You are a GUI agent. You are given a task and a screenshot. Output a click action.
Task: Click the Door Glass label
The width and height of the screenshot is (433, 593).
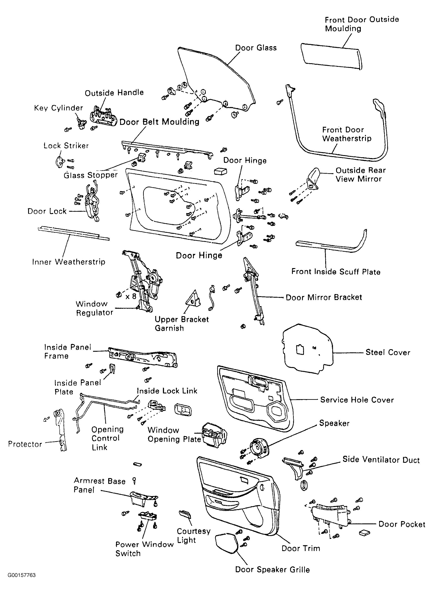256,48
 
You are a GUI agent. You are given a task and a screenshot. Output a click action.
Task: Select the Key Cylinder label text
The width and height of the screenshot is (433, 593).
58,108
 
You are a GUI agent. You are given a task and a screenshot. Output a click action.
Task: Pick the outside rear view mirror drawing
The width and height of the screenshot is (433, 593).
313,178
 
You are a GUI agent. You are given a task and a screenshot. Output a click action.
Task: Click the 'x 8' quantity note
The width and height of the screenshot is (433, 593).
131,297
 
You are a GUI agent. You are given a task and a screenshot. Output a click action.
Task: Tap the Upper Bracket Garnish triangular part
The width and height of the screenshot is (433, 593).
194,299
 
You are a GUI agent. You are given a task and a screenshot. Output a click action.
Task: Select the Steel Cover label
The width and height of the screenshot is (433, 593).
388,352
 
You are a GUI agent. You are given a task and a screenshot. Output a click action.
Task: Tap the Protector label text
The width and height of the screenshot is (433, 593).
25,444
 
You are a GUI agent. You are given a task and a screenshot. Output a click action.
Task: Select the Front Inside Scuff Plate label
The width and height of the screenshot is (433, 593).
336,272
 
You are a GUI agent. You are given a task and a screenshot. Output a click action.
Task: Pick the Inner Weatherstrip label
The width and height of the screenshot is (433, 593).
69,262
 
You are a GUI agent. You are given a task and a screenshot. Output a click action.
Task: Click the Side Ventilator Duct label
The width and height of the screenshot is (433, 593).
381,460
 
